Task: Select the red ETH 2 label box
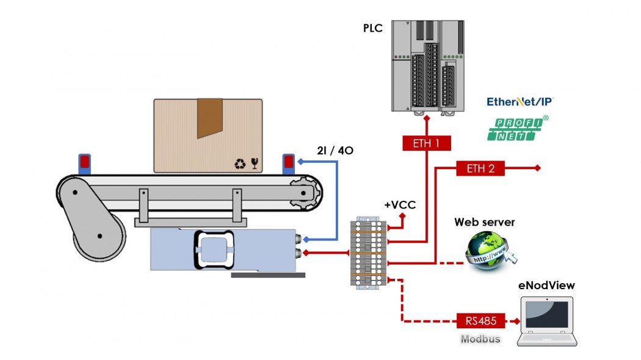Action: click(x=480, y=168)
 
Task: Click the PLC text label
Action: click(x=373, y=27)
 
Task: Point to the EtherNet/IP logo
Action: click(x=520, y=101)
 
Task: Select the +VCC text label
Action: click(x=400, y=205)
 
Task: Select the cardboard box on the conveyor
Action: click(x=208, y=135)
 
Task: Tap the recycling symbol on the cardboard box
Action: click(x=239, y=164)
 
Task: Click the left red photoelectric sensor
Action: click(x=84, y=162)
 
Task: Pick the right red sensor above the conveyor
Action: click(x=289, y=162)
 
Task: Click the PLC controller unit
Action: click(x=427, y=66)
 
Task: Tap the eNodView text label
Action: click(x=546, y=285)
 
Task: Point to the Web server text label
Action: click(x=484, y=222)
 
